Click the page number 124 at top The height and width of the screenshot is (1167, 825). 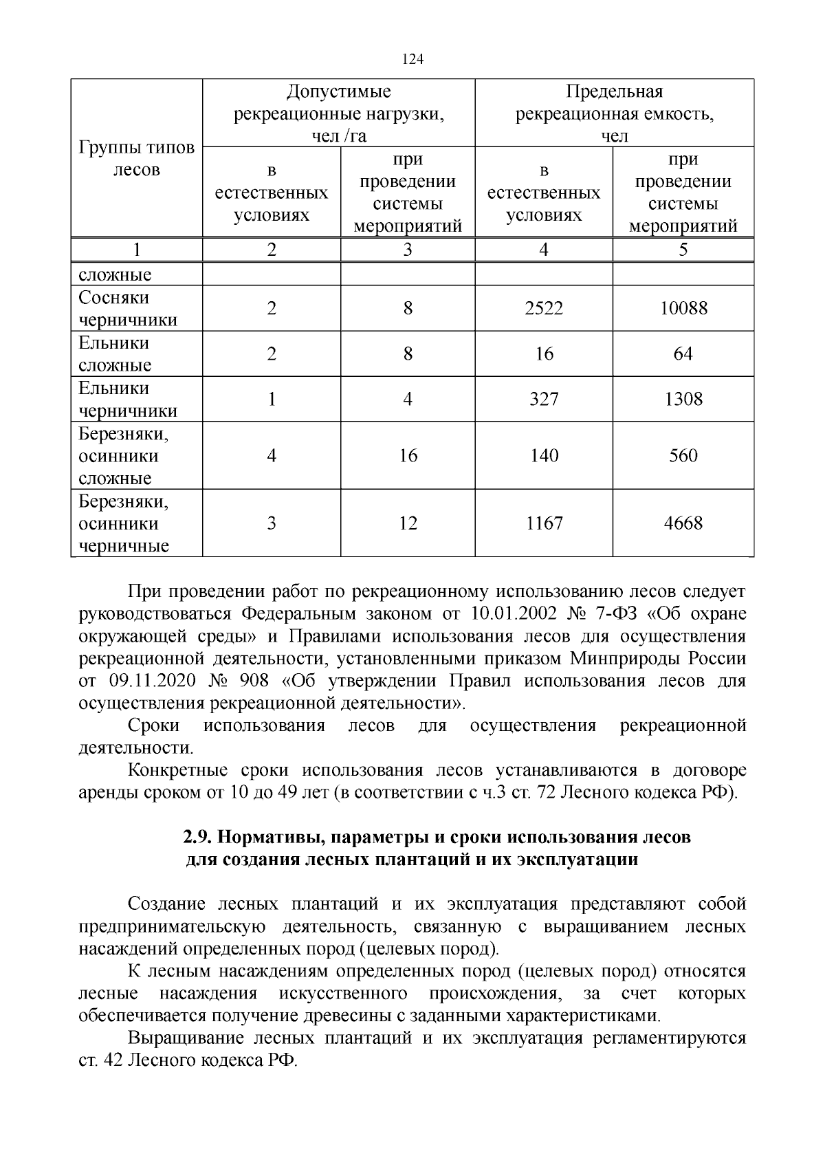[x=412, y=59]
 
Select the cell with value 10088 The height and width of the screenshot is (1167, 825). [x=683, y=309]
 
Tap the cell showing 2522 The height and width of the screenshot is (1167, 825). [x=544, y=309]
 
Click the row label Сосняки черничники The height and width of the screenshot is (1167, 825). [x=128, y=309]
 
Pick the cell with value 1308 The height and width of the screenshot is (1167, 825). [x=683, y=400]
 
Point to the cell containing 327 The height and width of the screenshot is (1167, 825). [x=544, y=400]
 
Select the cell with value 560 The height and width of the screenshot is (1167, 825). [x=683, y=455]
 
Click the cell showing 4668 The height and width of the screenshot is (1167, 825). [x=683, y=523]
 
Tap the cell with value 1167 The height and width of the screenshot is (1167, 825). [x=544, y=523]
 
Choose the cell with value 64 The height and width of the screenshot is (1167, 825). [x=683, y=354]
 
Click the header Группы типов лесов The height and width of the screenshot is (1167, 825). [x=136, y=159]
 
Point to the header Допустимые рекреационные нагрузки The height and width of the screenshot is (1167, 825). [x=339, y=113]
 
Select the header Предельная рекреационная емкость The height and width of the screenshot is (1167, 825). [x=614, y=113]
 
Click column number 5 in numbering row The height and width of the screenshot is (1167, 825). [x=683, y=250]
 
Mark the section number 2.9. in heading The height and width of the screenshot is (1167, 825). [x=197, y=838]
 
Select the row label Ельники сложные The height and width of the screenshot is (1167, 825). [x=115, y=354]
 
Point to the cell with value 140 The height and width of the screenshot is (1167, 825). [x=544, y=455]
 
